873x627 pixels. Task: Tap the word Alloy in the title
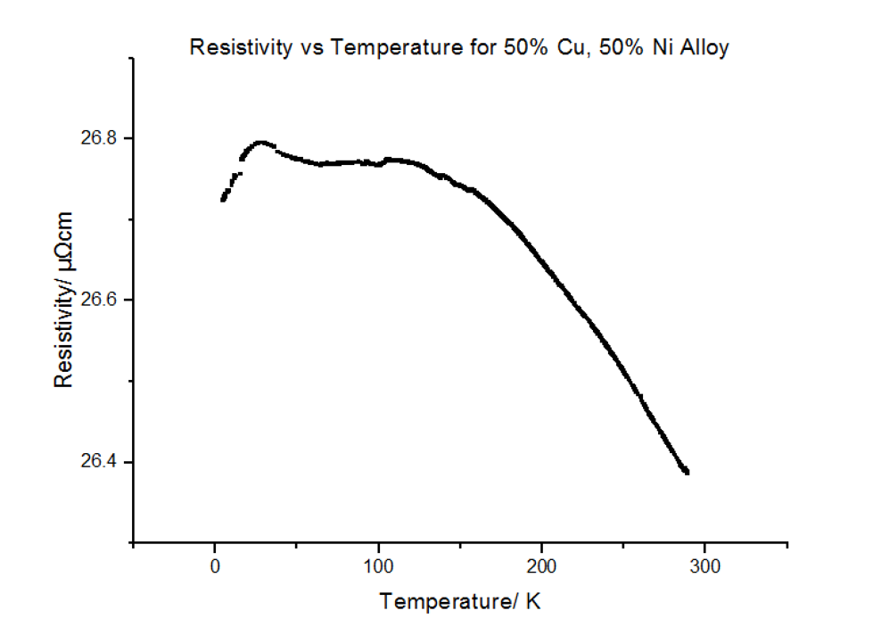(x=704, y=48)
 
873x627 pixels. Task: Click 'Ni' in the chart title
(x=656, y=48)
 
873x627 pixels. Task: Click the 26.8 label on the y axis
(x=99, y=138)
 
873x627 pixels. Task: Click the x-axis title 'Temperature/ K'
(x=459, y=602)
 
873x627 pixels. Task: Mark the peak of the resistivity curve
(x=260, y=142)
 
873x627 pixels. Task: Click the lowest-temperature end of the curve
(x=222, y=200)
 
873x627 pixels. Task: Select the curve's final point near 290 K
(x=688, y=472)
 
